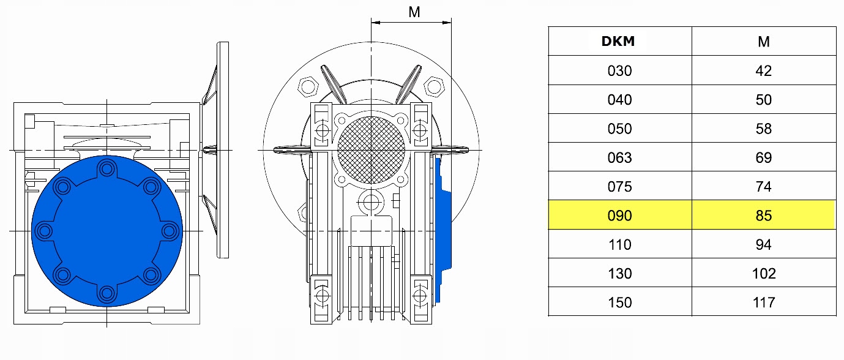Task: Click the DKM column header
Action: [618, 42]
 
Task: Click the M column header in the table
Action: [763, 42]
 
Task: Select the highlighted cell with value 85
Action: [763, 216]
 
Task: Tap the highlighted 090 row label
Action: [619, 216]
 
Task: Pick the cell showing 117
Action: [763, 302]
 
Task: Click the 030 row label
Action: [619, 70]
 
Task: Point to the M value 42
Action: [763, 70]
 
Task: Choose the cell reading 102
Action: [763, 273]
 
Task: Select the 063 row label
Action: [619, 157]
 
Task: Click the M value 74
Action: [763, 187]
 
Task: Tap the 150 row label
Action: [619, 302]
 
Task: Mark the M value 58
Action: [763, 129]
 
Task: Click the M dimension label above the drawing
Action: [414, 12]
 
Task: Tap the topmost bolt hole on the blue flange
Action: [107, 167]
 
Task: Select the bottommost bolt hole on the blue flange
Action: [107, 294]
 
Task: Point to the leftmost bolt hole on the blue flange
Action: [44, 231]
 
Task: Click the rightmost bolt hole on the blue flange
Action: [170, 231]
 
